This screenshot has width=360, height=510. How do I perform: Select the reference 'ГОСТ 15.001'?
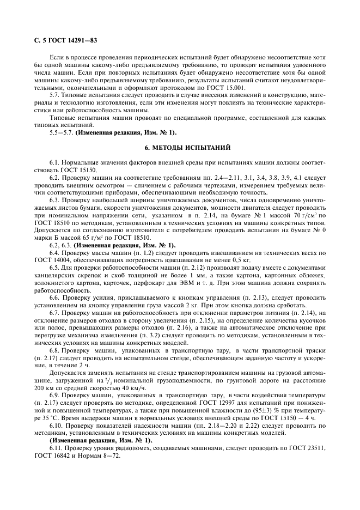coord(227,87)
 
